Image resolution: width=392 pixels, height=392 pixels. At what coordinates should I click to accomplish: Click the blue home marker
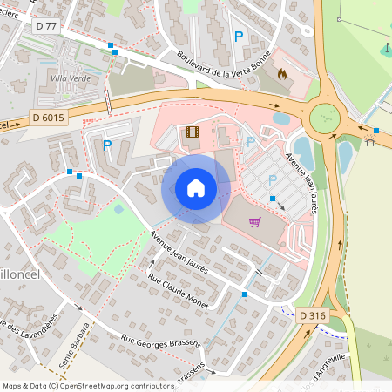pyautogui.click(x=196, y=188)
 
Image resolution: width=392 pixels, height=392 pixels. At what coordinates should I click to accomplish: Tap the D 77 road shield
pyautogui.click(x=48, y=27)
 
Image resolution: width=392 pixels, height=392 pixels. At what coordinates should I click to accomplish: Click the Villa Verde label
pyautogui.click(x=71, y=79)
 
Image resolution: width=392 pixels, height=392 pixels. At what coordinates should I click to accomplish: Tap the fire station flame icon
pyautogui.click(x=281, y=75)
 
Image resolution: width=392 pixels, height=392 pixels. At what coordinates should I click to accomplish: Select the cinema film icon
pyautogui.click(x=192, y=133)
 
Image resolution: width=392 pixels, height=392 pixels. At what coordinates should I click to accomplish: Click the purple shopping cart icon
pyautogui.click(x=254, y=221)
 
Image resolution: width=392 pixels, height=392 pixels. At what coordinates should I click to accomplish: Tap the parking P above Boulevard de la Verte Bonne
pyautogui.click(x=239, y=37)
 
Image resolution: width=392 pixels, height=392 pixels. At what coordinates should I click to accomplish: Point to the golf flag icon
pyautogui.click(x=387, y=48)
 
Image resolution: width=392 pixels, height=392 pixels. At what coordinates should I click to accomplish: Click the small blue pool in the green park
pyautogui.click(x=118, y=209)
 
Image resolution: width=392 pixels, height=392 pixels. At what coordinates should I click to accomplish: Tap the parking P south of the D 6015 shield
pyautogui.click(x=107, y=145)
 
